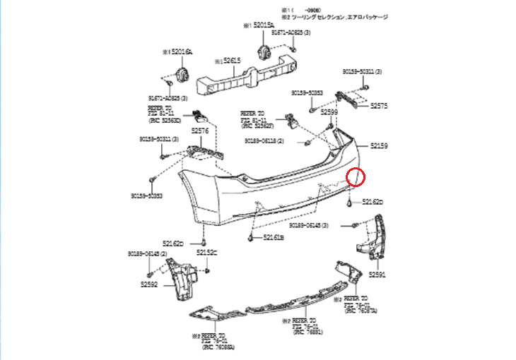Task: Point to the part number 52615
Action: click(x=233, y=61)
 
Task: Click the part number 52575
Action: click(x=379, y=105)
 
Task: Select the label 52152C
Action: click(x=207, y=252)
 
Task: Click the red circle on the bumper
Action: click(x=357, y=177)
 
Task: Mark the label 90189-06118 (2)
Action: click(x=264, y=141)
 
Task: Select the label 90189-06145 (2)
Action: click(x=148, y=253)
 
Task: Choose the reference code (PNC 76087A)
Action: click(x=363, y=310)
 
